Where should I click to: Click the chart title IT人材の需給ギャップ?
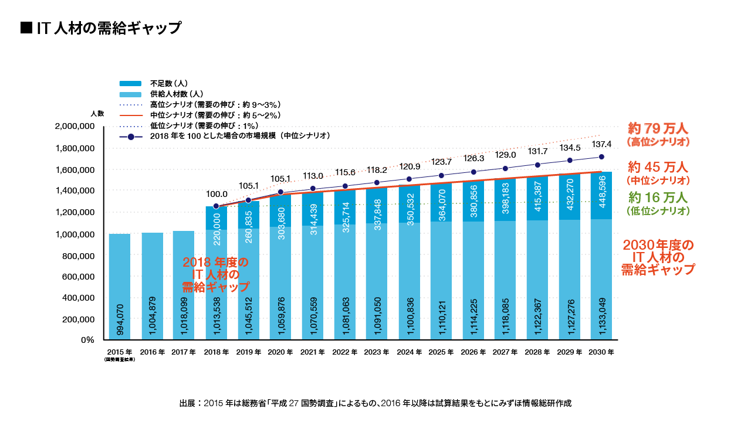(101, 28)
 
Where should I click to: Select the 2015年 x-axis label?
(120, 353)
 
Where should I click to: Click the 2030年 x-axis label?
(601, 353)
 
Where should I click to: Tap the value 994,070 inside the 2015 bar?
(120, 319)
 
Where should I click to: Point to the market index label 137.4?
(601, 144)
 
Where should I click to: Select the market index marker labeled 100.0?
(216, 206)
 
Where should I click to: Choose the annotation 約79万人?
(658, 128)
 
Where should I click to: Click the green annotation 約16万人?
(658, 197)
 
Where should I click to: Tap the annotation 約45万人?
(658, 166)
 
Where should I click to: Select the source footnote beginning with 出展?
(375, 403)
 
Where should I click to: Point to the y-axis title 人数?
(97, 113)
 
